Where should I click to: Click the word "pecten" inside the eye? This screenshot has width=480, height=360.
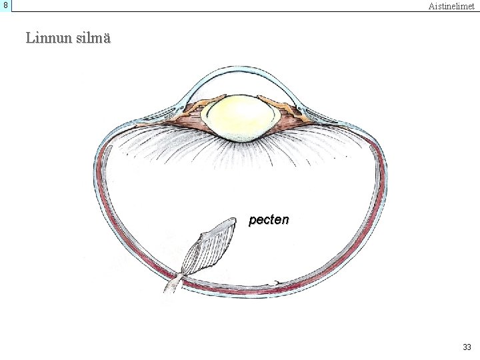pyautogui.click(x=269, y=219)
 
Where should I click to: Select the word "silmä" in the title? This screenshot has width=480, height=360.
pyautogui.click(x=93, y=38)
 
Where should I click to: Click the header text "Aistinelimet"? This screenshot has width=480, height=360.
pyautogui.click(x=451, y=6)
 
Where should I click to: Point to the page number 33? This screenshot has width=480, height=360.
pyautogui.click(x=466, y=347)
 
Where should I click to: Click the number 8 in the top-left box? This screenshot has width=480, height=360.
pyautogui.click(x=5, y=5)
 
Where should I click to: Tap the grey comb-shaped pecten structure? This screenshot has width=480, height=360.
pyautogui.click(x=209, y=249)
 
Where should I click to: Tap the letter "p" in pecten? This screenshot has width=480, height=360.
pyautogui.click(x=253, y=221)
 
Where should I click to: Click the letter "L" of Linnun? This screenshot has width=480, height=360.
pyautogui.click(x=30, y=38)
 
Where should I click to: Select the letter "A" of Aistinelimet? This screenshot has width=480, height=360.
pyautogui.click(x=432, y=6)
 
